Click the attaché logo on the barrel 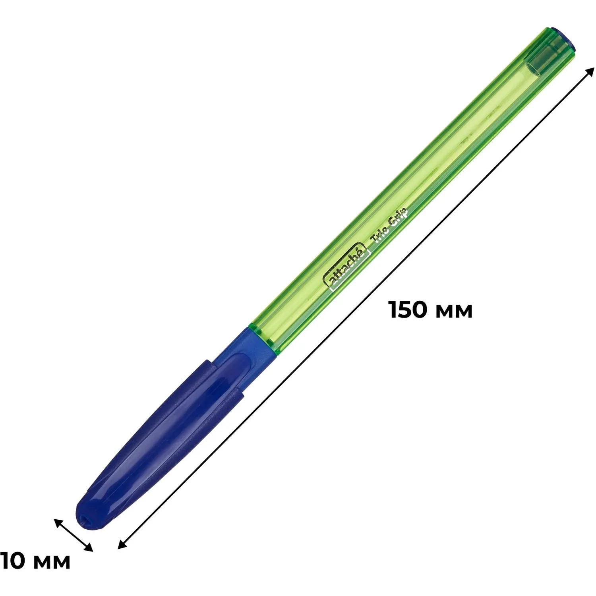pyautogui.click(x=347, y=267)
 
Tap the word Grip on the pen pyautogui.click(x=398, y=217)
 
